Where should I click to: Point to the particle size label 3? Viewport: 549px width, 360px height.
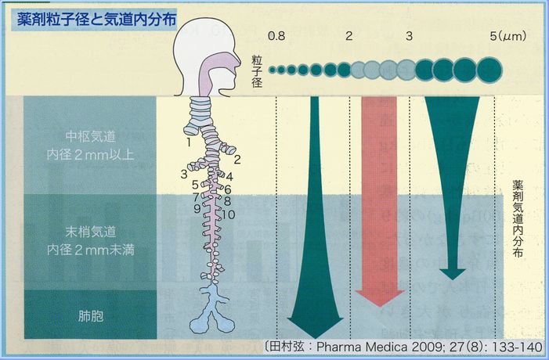[409, 36]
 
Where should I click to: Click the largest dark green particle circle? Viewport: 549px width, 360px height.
[489, 70]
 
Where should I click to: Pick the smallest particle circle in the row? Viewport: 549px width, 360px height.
[273, 70]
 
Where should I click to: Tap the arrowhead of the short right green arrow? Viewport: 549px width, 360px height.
[451, 273]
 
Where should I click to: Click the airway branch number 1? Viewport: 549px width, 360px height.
[189, 142]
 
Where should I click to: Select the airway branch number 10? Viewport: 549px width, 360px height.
[229, 213]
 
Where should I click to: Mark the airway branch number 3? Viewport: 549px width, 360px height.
[183, 173]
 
